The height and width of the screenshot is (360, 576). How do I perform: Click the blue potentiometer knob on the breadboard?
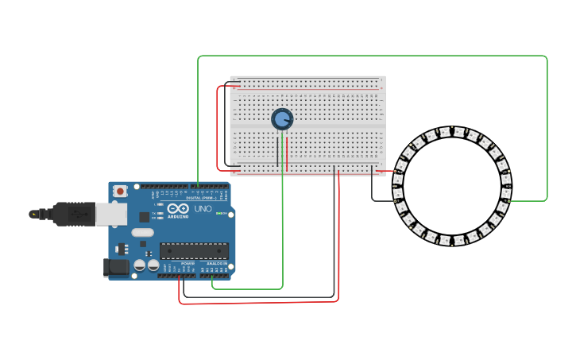pyautogui.click(x=282, y=119)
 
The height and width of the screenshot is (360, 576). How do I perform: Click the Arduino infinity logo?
pyautogui.click(x=172, y=209)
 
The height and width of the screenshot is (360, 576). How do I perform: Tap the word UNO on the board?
pyautogui.click(x=203, y=208)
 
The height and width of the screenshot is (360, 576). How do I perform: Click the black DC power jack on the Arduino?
pyautogui.click(x=116, y=268)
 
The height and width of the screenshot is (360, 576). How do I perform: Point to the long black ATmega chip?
pyautogui.click(x=194, y=251)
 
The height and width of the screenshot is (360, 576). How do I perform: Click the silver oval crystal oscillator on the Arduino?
pyautogui.click(x=142, y=233)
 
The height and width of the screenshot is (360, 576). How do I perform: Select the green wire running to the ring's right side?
pyautogui.click(x=547, y=127)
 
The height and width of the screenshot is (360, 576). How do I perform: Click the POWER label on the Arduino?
pyautogui.click(x=187, y=263)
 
